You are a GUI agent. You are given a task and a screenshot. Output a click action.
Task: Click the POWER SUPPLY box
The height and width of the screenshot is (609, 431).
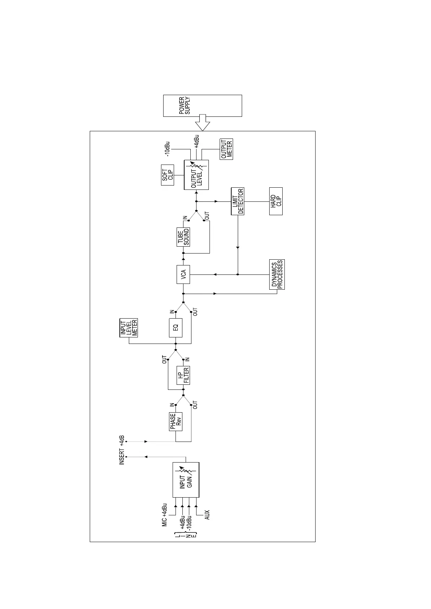(202, 106)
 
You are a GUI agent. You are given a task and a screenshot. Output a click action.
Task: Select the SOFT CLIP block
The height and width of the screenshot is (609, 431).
(167, 175)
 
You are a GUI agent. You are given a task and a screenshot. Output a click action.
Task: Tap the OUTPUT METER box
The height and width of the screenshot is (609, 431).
(227, 149)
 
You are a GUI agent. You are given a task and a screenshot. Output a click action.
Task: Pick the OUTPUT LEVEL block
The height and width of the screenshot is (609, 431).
(196, 175)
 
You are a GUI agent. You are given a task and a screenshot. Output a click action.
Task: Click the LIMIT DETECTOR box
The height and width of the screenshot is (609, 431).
(237, 201)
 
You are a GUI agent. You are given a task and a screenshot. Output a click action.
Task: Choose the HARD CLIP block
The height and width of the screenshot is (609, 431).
(276, 201)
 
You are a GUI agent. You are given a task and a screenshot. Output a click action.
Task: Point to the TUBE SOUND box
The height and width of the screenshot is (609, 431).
(183, 237)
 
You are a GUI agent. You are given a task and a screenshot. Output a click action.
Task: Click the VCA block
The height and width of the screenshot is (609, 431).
(183, 274)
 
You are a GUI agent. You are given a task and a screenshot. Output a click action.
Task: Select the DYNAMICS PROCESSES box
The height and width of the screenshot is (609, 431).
(277, 274)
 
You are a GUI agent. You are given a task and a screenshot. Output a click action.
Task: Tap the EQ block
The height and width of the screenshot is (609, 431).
(176, 328)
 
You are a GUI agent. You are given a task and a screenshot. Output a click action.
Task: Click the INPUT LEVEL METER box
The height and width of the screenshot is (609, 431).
(128, 328)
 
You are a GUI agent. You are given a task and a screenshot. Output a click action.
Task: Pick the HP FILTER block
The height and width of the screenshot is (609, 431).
(183, 375)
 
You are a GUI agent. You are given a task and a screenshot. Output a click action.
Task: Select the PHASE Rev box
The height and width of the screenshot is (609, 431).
(176, 421)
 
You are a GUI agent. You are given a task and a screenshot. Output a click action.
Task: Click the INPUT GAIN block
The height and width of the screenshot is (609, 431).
(186, 480)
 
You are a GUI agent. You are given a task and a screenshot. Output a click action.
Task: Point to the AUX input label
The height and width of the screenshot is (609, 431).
(207, 515)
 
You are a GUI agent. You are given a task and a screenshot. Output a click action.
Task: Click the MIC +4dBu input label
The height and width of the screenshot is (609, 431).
(165, 515)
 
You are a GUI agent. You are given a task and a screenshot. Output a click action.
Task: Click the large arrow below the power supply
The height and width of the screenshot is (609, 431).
(202, 123)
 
